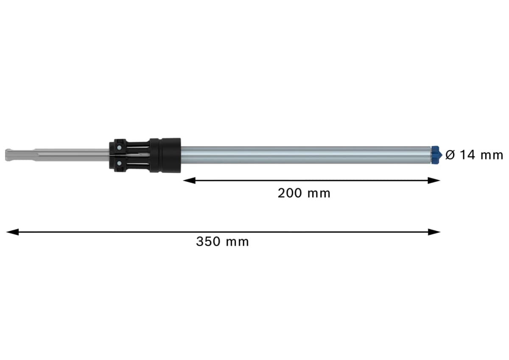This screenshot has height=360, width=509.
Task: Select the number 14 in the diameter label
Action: click(x=467, y=155)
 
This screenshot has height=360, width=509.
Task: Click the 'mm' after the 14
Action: click(x=492, y=155)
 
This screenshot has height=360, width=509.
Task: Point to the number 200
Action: click(x=291, y=193)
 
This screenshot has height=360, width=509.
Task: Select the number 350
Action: click(x=209, y=242)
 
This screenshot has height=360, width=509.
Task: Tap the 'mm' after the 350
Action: click(x=237, y=242)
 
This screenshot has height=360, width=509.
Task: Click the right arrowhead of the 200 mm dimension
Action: click(x=434, y=180)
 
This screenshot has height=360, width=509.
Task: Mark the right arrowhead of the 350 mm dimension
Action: click(x=434, y=232)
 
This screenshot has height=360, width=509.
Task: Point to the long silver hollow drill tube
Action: click(x=305, y=155)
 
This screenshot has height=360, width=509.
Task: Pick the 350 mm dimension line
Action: click(x=297, y=232)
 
